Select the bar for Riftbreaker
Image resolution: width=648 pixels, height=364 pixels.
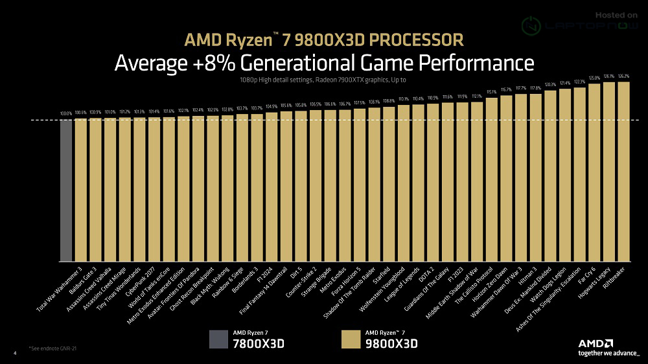623,172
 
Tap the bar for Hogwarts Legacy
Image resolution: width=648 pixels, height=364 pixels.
609,172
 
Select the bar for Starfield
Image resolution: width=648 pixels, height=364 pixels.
389,184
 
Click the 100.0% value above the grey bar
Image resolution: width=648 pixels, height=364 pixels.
66,114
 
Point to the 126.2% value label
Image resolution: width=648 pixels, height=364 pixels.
623,76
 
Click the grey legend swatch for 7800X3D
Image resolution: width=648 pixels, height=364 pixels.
218,340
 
